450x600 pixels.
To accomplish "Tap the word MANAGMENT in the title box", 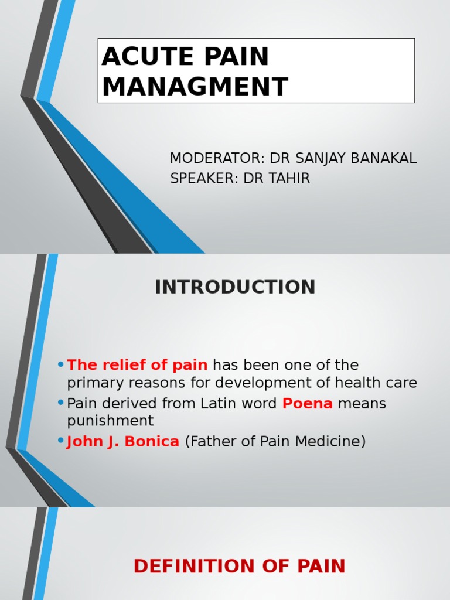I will click(x=195, y=86).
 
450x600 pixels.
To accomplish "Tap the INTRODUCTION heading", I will click(x=235, y=287).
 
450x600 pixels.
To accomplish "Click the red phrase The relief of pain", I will click(x=138, y=365).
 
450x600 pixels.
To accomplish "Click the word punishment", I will click(x=110, y=421).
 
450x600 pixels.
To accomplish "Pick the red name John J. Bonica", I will click(x=123, y=441).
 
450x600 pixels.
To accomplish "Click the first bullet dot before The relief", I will click(x=61, y=365).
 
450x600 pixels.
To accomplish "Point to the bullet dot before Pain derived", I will click(x=61, y=404).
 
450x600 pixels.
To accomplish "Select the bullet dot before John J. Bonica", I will click(x=61, y=441).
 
